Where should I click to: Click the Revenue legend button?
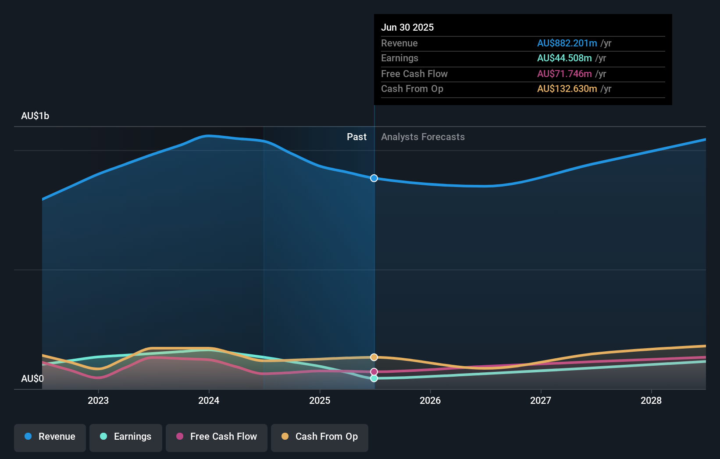pos(50,437)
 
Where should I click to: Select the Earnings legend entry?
pos(126,437)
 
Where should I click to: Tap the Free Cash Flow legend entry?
pos(217,437)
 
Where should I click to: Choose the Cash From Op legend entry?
pos(320,437)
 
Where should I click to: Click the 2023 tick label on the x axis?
pos(98,400)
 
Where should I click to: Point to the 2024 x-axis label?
pos(209,400)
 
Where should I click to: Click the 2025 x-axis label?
pos(320,400)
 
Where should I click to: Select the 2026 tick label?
pos(430,400)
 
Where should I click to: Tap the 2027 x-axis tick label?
pos(541,400)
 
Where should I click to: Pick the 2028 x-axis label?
pos(651,400)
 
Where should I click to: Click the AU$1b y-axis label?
pos(35,116)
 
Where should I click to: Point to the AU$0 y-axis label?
pos(32,378)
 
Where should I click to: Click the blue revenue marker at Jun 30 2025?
pos(374,178)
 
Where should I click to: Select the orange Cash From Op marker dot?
pos(374,357)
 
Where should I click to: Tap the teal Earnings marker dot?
pos(374,378)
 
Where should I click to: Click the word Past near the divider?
pos(356,137)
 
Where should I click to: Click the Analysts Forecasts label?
pos(423,137)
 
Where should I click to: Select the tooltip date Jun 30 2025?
pos(407,28)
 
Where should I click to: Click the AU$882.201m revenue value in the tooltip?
pos(567,43)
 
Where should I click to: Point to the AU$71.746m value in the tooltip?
pos(564,74)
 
